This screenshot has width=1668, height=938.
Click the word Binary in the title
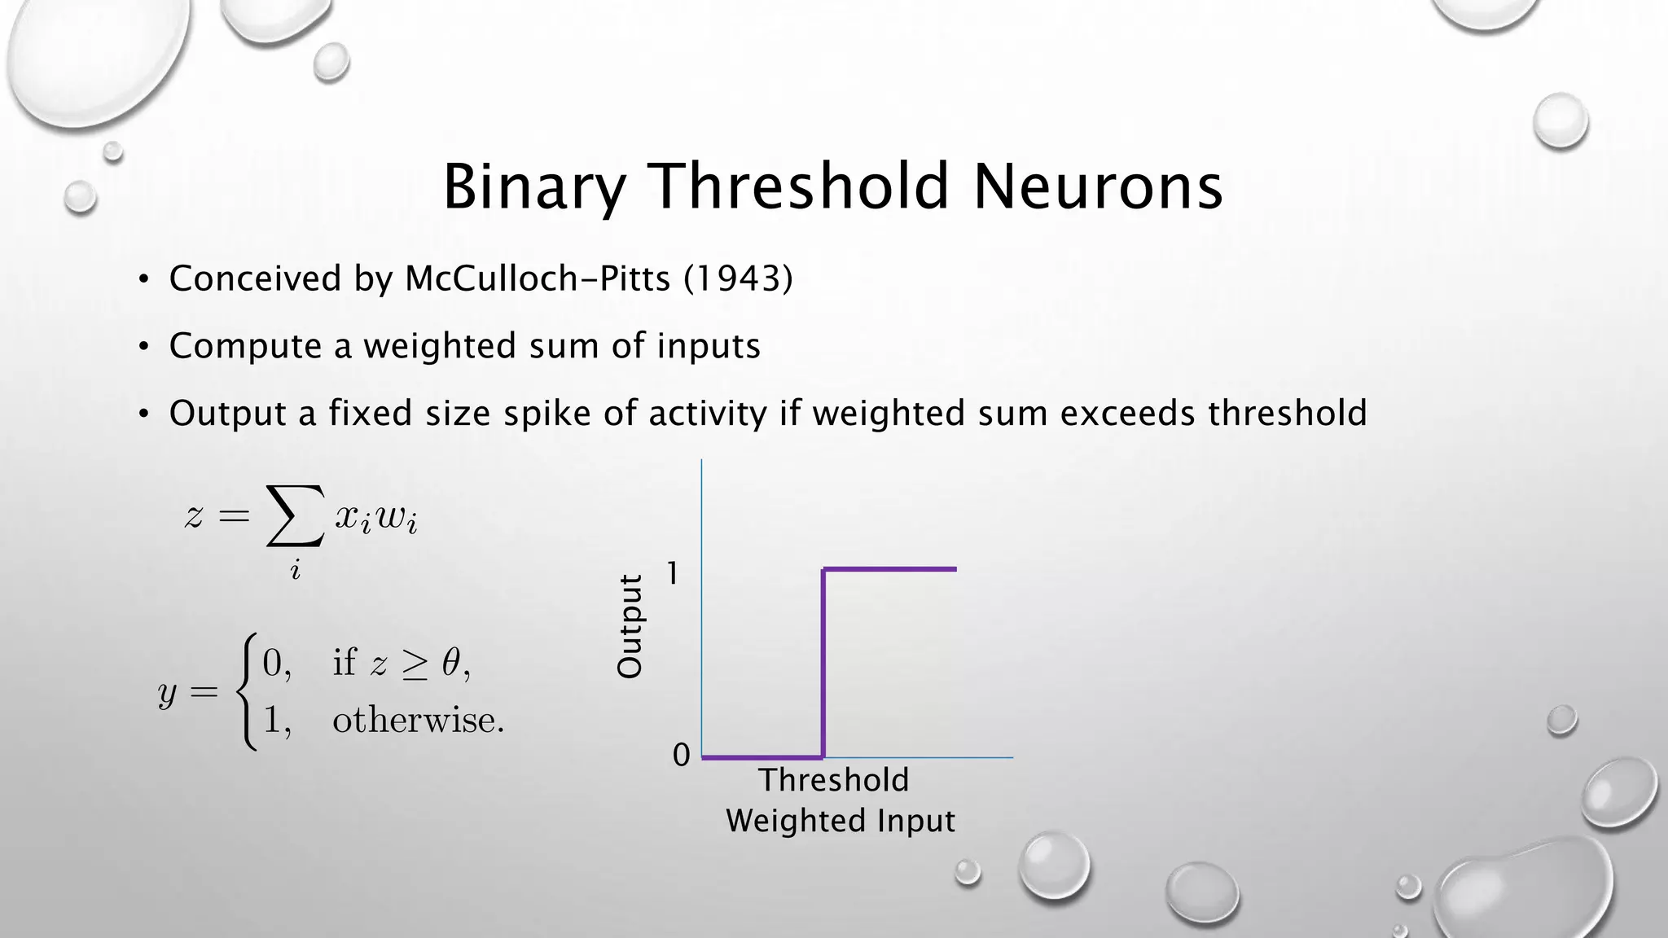[533, 187]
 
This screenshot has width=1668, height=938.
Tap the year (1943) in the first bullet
[738, 278]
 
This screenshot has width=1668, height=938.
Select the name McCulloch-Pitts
[538, 278]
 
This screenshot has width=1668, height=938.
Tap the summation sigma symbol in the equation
[295, 515]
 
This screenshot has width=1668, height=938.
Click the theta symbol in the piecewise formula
[451, 663]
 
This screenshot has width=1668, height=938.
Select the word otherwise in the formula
[417, 720]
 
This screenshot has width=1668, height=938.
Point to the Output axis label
[630, 626]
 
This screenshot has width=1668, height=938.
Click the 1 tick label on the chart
[672, 574]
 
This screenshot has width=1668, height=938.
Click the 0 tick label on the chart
[681, 755]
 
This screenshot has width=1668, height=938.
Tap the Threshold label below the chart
[833, 780]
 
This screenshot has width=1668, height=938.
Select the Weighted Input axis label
[840, 820]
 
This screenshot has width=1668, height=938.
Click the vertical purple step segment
[823, 664]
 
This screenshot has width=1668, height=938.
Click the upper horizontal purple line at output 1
[889, 569]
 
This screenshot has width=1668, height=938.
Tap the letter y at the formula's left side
[167, 694]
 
